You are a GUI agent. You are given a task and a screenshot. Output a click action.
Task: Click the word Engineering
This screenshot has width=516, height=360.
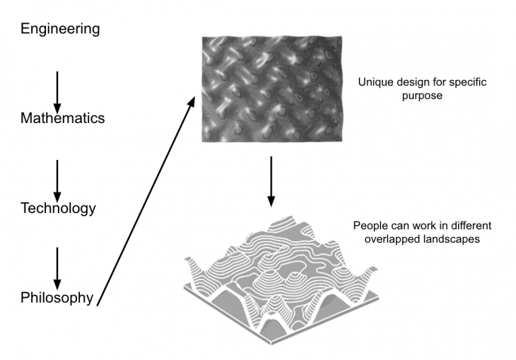(x=60, y=29)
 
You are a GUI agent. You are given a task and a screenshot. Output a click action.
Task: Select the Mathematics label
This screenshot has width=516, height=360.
(x=62, y=118)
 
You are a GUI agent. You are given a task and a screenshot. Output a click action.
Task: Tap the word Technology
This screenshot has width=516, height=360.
(x=58, y=208)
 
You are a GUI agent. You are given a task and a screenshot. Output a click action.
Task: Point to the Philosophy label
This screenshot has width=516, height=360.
(x=57, y=298)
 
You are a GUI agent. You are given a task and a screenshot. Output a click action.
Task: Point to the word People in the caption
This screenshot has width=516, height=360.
(x=368, y=226)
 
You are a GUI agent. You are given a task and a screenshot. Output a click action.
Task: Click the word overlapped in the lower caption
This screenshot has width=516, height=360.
(x=378, y=239)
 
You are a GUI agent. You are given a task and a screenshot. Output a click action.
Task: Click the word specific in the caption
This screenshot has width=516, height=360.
(x=467, y=83)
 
